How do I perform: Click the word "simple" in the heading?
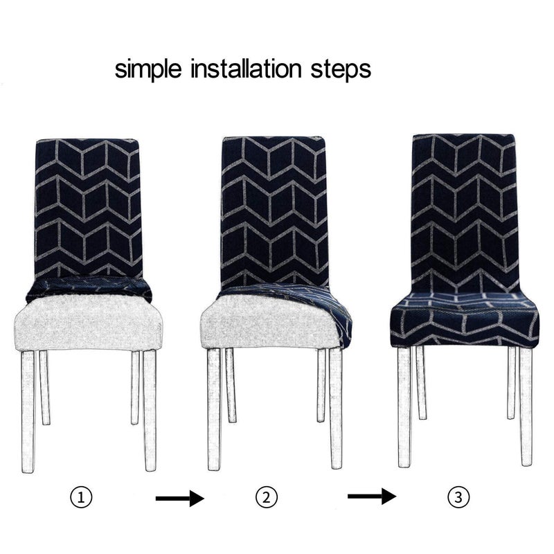(148, 70)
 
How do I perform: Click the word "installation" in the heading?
(247, 69)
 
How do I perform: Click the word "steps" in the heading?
(341, 70)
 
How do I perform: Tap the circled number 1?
(81, 497)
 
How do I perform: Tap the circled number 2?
(267, 497)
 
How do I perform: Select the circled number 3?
(458, 497)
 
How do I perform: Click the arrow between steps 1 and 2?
(180, 498)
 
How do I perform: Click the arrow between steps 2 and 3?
(372, 497)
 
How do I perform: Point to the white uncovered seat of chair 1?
(89, 323)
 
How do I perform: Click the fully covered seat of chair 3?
(465, 319)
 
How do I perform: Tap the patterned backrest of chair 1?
(89, 208)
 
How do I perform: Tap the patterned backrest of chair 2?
(274, 211)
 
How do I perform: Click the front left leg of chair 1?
(28, 411)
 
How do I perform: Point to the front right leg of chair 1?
(150, 411)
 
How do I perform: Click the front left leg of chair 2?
(214, 409)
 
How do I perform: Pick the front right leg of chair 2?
(336, 409)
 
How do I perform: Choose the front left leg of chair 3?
(404, 407)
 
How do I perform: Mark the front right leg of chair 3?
(526, 406)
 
